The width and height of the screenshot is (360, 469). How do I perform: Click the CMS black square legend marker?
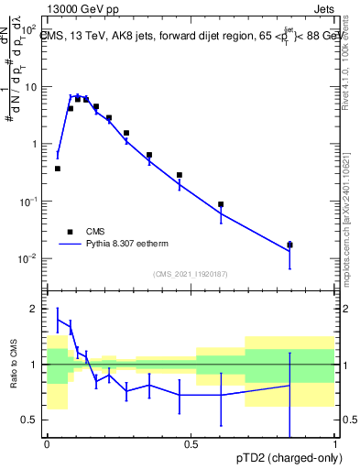point(70,233)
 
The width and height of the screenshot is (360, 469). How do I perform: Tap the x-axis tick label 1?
point(334,444)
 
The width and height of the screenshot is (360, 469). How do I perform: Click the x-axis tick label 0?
point(46,444)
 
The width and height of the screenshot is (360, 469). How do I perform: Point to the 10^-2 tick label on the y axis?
point(27,258)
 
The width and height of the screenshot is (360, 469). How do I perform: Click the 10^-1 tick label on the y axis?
point(27,202)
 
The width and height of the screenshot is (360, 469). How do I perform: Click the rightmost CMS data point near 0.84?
point(289,245)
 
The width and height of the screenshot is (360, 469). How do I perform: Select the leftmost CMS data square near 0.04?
point(58,169)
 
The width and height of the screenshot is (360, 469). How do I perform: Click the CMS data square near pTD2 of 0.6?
point(221,204)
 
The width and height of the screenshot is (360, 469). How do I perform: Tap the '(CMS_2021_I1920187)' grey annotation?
point(190,274)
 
